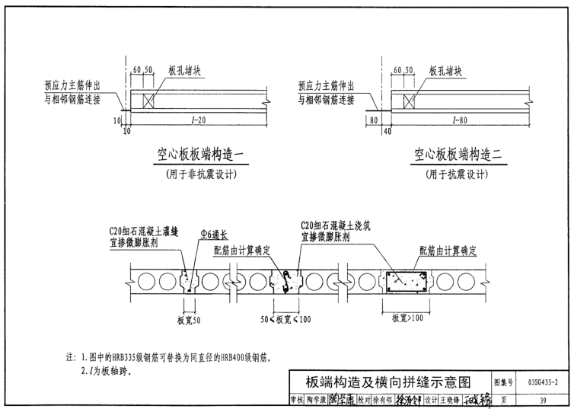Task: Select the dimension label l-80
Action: pyautogui.click(x=458, y=120)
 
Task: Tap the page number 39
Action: pyautogui.click(x=543, y=400)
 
